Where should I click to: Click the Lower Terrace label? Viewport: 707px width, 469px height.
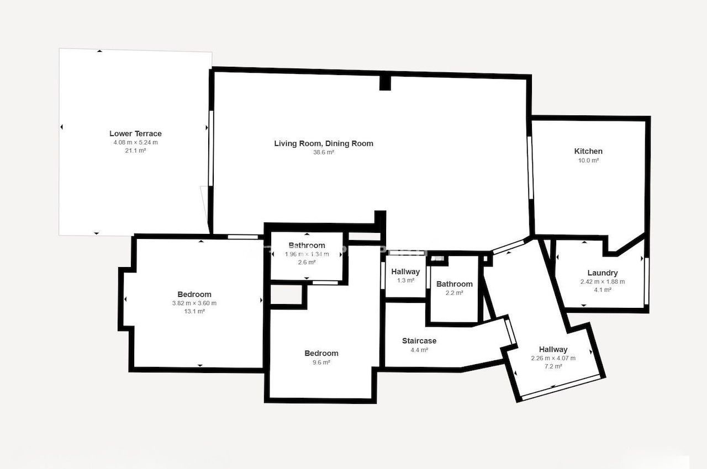(x=135, y=134)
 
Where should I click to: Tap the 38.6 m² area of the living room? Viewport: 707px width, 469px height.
(x=324, y=152)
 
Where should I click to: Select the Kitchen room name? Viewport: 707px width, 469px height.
(x=588, y=151)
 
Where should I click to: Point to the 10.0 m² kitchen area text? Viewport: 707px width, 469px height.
(x=588, y=161)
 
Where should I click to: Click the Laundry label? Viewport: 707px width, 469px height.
(x=603, y=273)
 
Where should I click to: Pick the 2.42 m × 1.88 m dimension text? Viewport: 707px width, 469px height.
(x=603, y=282)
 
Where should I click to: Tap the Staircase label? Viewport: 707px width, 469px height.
(x=419, y=341)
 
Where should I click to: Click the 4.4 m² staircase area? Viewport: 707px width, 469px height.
(x=419, y=350)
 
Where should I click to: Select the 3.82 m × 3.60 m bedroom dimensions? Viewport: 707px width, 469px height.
(x=194, y=303)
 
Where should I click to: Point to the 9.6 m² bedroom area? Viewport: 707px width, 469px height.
(x=321, y=363)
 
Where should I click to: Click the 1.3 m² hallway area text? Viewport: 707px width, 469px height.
(x=405, y=280)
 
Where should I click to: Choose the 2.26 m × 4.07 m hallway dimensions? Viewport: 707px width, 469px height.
(x=553, y=358)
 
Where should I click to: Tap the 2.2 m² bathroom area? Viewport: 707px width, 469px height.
(x=455, y=293)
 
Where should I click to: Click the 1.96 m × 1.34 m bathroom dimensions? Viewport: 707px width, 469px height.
(x=307, y=254)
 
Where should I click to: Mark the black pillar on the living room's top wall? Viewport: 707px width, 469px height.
(x=385, y=83)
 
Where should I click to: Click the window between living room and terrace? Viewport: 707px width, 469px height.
(x=211, y=148)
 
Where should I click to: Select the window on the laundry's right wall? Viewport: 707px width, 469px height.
(x=646, y=281)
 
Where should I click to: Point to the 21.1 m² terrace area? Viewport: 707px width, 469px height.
(x=135, y=151)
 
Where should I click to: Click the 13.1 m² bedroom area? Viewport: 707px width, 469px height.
(x=194, y=311)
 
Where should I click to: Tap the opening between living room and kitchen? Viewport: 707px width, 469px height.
(x=530, y=168)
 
